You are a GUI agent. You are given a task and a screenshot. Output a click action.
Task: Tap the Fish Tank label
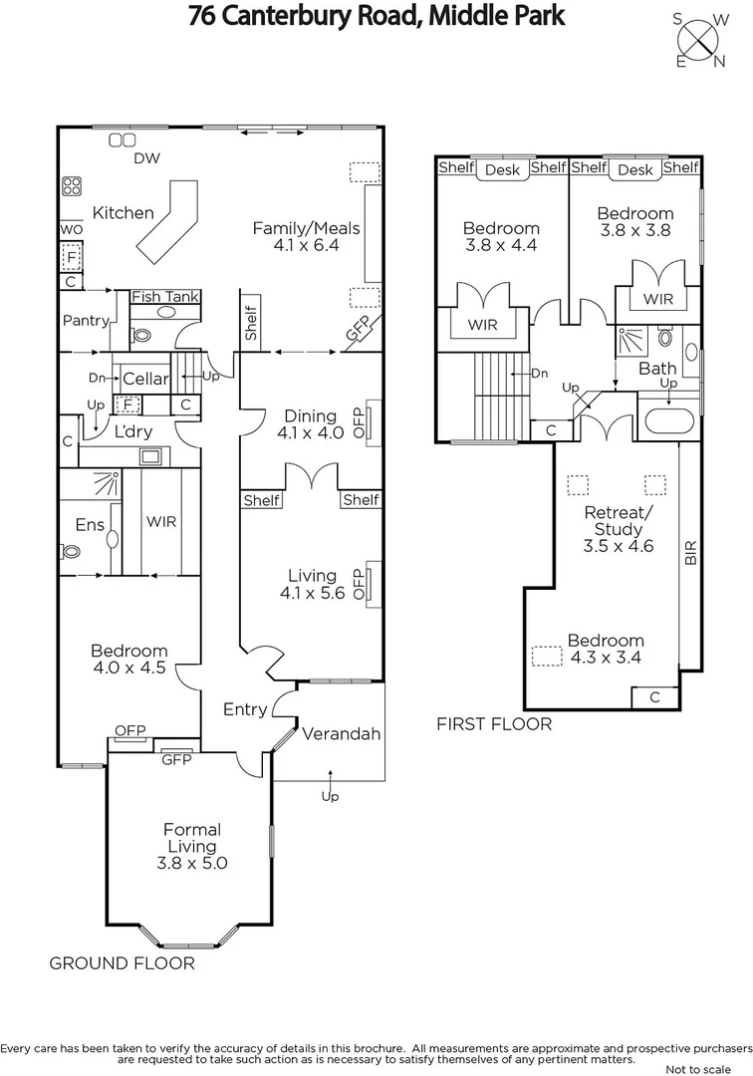(x=166, y=297)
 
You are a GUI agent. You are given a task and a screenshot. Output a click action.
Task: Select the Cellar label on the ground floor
(x=145, y=380)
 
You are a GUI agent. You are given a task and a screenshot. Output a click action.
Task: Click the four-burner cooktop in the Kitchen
(x=72, y=185)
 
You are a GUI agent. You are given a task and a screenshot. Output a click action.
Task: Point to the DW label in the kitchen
(x=146, y=159)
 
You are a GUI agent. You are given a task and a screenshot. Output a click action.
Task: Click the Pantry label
(x=85, y=321)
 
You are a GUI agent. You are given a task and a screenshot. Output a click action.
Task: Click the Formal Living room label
(x=192, y=846)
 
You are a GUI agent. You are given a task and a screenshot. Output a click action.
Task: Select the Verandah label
(x=342, y=734)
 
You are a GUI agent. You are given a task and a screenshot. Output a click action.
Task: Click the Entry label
(x=245, y=709)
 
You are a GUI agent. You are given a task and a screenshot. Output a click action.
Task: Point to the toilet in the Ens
(x=71, y=550)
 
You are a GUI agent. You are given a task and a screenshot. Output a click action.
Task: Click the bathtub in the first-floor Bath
(x=672, y=418)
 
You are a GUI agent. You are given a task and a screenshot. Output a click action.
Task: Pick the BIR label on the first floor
(x=690, y=554)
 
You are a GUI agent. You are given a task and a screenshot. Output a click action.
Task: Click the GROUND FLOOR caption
(x=122, y=963)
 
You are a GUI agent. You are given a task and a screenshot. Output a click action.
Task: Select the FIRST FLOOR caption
(x=494, y=724)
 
